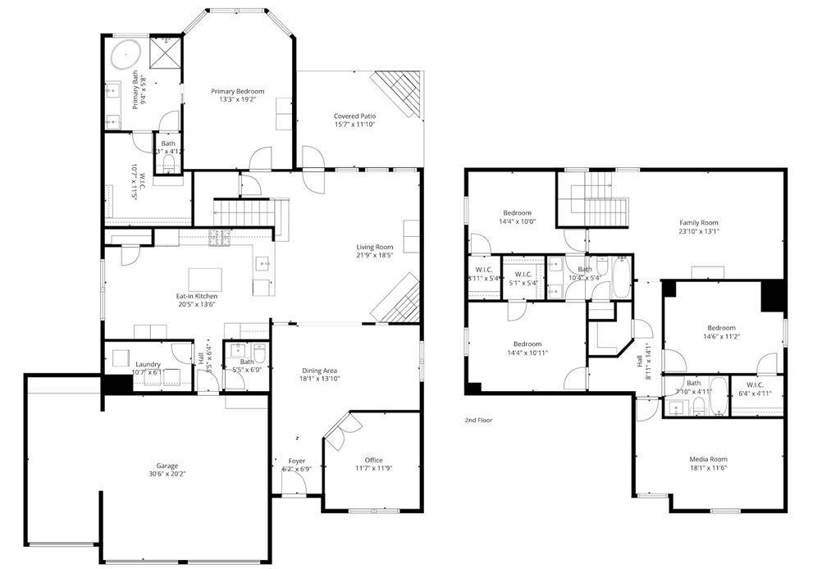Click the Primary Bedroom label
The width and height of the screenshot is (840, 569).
click(x=237, y=91)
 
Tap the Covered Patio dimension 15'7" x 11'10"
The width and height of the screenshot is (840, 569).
click(x=354, y=125)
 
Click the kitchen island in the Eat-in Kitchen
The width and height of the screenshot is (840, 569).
click(x=206, y=279)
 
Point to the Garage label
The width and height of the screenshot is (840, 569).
click(x=167, y=466)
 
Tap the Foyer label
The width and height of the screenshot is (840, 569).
click(x=297, y=461)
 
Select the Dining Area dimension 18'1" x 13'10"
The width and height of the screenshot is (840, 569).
click(x=319, y=379)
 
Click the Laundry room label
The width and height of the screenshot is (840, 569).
click(x=148, y=364)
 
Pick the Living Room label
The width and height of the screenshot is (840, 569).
click(x=374, y=247)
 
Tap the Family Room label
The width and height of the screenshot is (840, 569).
click(x=698, y=222)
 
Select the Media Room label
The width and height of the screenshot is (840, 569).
click(x=708, y=459)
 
